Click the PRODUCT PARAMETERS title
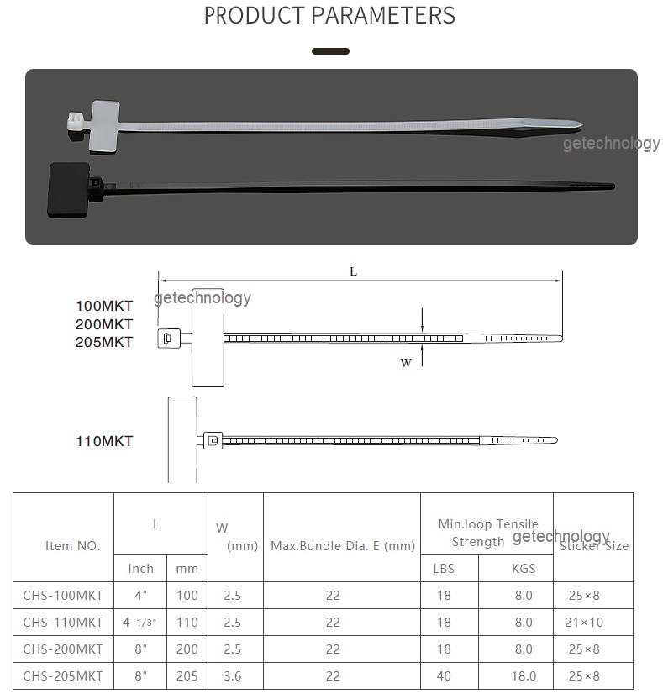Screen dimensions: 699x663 point(329,15)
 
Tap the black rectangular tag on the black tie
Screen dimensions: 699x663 point(75,181)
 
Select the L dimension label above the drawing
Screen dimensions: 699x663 point(353,271)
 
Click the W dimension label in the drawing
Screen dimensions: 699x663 point(406,363)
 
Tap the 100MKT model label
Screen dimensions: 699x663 point(104,305)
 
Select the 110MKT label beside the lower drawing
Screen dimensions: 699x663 point(104,441)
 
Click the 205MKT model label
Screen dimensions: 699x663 point(104,342)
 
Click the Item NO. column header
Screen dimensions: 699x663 point(72,545)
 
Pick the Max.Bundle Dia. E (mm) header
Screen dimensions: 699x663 point(343,545)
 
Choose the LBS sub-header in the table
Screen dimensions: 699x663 point(444,569)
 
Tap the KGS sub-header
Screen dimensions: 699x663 point(524,569)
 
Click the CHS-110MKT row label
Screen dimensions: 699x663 point(63,623)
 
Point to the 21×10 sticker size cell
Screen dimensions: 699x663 point(583,623)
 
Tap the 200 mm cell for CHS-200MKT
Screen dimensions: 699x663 point(187,649)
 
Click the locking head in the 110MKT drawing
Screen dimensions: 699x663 point(213,440)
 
